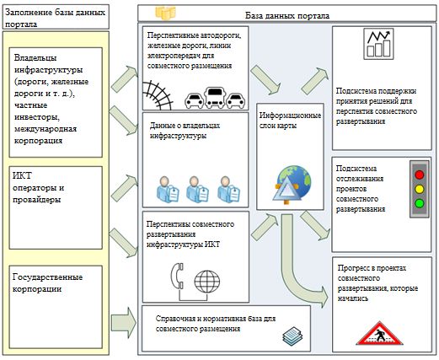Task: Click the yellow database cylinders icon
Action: pos(166,13)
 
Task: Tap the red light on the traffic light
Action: pos(420,175)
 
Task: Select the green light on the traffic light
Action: pos(420,203)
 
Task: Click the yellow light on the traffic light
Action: pos(420,189)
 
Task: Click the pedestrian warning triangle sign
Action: pos(379,333)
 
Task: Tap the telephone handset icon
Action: pos(178,276)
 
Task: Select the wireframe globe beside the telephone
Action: pos(207,282)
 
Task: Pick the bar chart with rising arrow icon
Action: pos(378,43)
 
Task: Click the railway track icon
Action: pos(158,95)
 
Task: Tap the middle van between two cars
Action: pos(215,98)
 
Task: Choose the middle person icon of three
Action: pos(197,189)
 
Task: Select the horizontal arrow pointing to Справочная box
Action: pos(124,322)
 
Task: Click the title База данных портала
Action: pos(287,15)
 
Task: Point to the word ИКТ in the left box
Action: pos(22,175)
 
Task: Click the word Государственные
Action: pos(47,277)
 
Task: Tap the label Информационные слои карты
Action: pos(290,121)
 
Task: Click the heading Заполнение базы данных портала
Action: pos(56,18)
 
